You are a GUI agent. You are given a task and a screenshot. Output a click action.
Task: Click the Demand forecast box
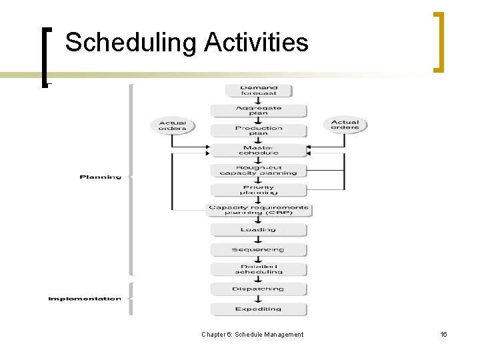(x=259, y=91)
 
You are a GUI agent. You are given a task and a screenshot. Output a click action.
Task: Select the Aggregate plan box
(x=259, y=111)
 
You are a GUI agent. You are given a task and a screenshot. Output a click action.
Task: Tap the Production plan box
(x=259, y=131)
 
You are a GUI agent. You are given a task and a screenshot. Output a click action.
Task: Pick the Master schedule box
(x=259, y=151)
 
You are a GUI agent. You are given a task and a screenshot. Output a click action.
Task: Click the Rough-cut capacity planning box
(x=259, y=171)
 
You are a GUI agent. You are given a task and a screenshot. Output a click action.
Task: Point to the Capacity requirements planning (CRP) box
(x=259, y=211)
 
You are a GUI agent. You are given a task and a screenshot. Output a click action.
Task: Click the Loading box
(x=259, y=230)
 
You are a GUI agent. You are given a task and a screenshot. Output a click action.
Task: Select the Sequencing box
(x=259, y=250)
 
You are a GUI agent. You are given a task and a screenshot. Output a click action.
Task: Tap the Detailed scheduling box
(x=259, y=269)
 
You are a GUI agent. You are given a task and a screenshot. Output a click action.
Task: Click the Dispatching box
(x=259, y=289)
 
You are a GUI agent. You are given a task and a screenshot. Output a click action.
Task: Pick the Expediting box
(x=259, y=309)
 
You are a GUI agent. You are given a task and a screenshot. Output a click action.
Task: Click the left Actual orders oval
(x=173, y=125)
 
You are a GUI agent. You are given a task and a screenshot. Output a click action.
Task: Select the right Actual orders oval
(x=345, y=125)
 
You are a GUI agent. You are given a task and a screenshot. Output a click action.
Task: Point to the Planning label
(x=101, y=177)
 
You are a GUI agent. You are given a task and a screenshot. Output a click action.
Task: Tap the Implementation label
(x=85, y=299)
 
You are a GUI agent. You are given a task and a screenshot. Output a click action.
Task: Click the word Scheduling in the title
(x=131, y=43)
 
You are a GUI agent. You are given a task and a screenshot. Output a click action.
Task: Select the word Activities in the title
(x=256, y=43)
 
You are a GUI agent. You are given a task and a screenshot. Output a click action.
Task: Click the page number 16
(x=443, y=335)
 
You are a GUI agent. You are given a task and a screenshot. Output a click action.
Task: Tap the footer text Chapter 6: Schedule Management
(x=252, y=335)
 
